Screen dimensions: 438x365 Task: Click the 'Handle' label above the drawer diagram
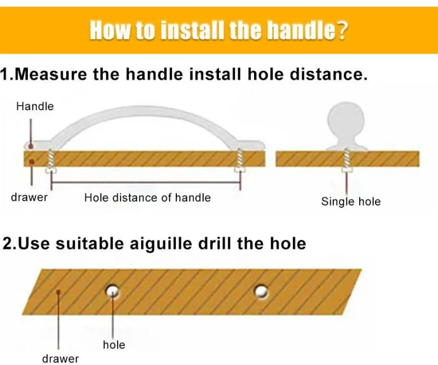(x=35, y=106)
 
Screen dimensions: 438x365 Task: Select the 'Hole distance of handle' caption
(x=147, y=198)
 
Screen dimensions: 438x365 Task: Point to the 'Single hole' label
(x=351, y=202)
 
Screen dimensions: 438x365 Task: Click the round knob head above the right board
(x=346, y=118)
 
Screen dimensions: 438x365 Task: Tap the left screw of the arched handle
(x=50, y=161)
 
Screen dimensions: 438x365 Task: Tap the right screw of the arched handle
(x=240, y=161)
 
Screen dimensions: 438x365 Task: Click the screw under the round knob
(x=347, y=159)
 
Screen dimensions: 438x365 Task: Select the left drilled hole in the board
(x=112, y=292)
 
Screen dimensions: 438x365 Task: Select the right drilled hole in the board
(x=262, y=292)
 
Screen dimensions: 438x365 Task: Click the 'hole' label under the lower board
(x=114, y=345)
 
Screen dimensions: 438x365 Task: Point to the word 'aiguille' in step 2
(x=161, y=243)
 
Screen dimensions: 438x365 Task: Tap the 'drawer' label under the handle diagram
(x=30, y=197)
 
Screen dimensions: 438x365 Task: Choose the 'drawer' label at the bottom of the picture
(x=61, y=358)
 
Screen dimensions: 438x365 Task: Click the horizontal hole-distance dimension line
(x=146, y=182)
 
